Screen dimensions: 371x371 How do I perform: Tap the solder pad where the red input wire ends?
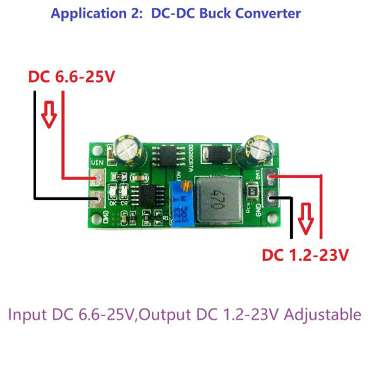pos(98,178)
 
